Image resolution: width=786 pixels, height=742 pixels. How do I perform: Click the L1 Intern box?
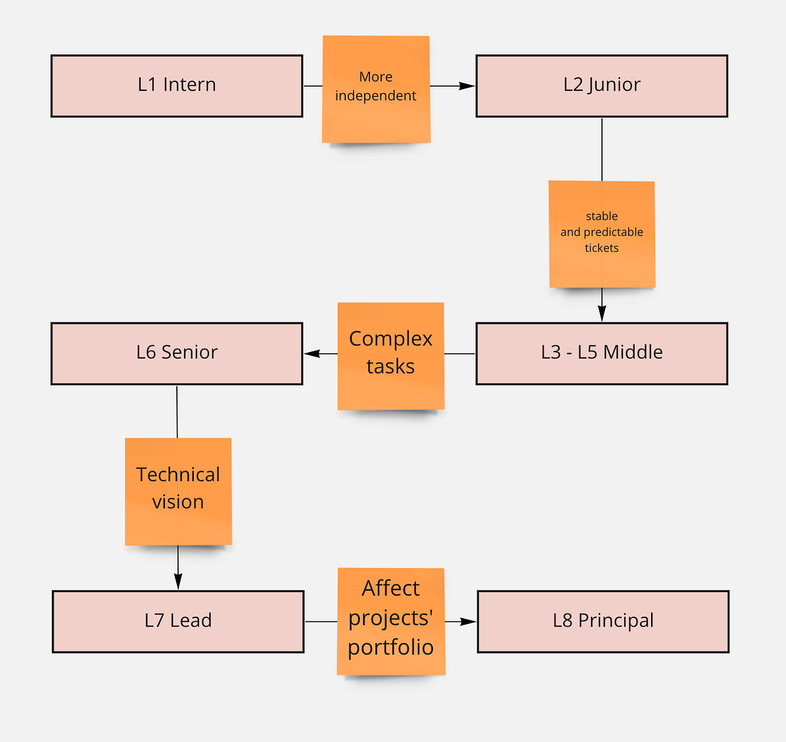(x=177, y=86)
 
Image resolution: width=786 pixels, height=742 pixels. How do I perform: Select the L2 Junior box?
(x=601, y=86)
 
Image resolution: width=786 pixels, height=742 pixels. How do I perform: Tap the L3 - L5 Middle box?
(x=601, y=353)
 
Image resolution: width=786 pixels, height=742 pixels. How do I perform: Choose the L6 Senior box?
(x=177, y=353)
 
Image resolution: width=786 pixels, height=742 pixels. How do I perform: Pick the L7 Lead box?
(x=178, y=621)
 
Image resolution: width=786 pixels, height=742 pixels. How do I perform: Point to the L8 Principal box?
(x=603, y=621)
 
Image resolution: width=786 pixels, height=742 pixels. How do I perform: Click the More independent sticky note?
(x=376, y=88)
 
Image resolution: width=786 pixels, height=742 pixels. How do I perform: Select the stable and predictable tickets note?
(x=601, y=233)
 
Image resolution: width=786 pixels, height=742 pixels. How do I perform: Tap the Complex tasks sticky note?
(x=390, y=355)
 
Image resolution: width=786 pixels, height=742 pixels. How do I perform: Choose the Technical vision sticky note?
(x=178, y=490)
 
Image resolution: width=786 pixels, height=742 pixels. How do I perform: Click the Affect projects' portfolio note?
(x=391, y=620)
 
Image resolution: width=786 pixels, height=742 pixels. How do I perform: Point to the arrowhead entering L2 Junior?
(x=467, y=86)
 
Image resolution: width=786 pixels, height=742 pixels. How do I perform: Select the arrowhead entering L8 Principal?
(x=468, y=621)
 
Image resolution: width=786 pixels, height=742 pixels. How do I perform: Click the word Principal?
(x=616, y=621)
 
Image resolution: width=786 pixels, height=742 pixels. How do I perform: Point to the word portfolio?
(x=390, y=648)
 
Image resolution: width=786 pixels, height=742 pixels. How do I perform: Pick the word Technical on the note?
(x=178, y=475)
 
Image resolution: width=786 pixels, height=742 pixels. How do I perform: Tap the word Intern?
(x=189, y=85)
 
